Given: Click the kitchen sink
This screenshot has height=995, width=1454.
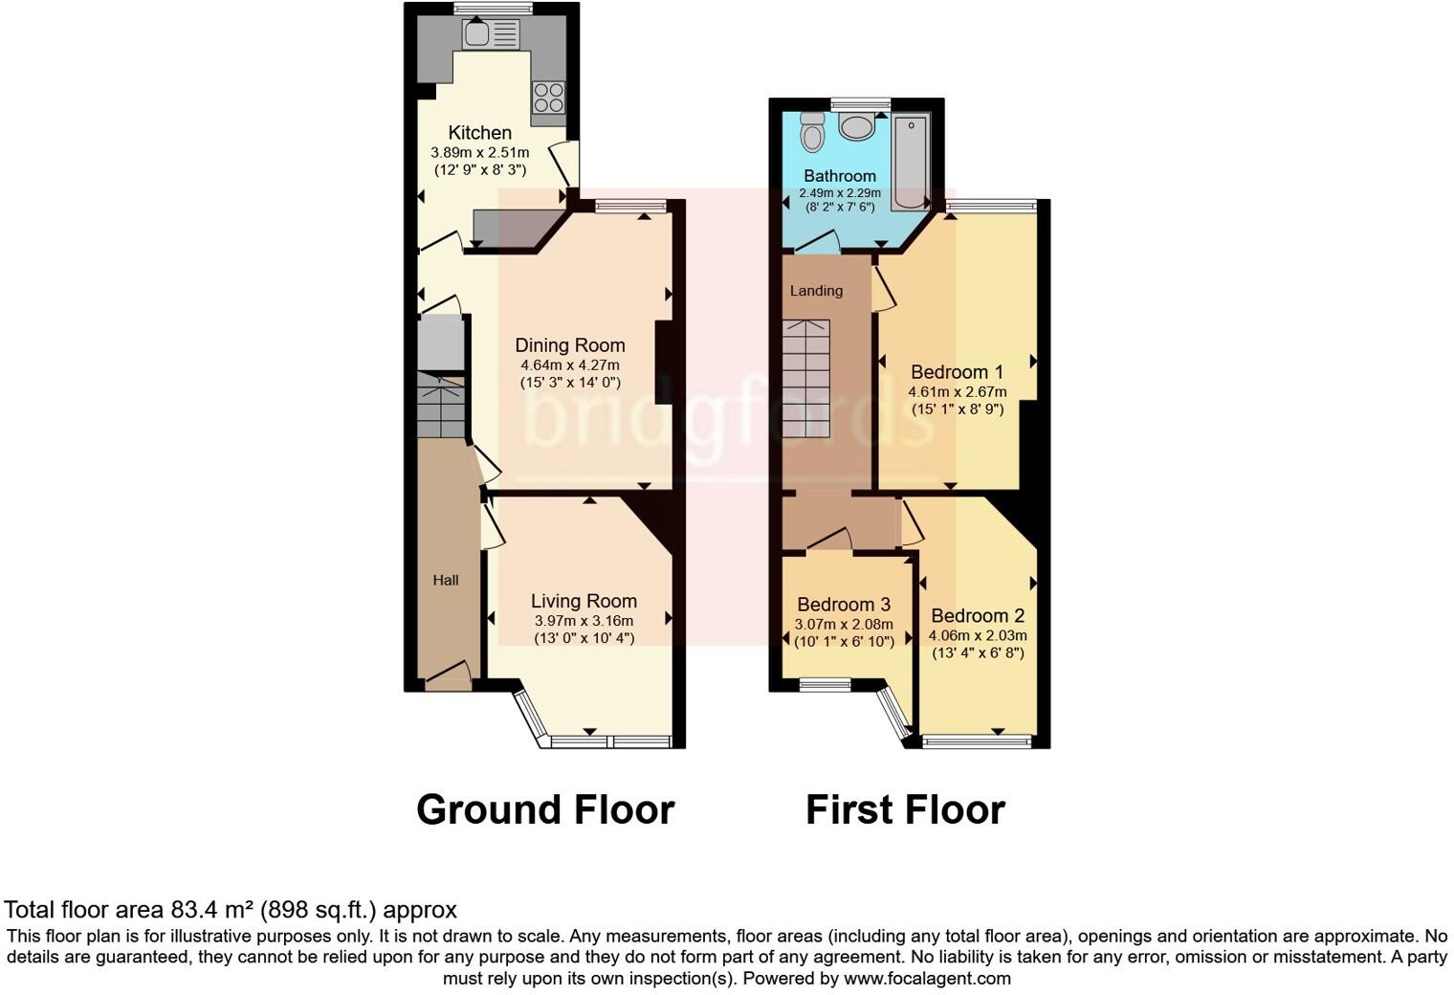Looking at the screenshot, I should coord(489,35).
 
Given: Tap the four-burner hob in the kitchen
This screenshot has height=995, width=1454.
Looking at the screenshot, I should coord(548,98).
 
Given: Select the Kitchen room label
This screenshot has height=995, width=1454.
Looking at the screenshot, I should coord(480,133).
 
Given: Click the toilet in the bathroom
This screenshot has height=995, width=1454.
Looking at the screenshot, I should coord(813,131).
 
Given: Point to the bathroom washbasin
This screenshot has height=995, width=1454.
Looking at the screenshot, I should coord(856,125).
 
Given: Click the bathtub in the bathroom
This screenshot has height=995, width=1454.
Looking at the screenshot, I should coord(911,161).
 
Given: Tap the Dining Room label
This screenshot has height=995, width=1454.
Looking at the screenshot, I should coord(570,345).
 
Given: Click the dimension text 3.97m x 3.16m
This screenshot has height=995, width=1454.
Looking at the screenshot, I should coord(584,621).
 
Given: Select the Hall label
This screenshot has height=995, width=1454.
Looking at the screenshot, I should coord(446,580).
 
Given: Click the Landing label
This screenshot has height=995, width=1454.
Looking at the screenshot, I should coord(816,291).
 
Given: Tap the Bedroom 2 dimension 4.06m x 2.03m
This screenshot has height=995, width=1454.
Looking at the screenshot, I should coord(978,635).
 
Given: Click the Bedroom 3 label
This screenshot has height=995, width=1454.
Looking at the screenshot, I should coord(844,605).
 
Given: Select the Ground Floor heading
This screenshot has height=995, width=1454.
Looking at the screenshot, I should coord(545,809).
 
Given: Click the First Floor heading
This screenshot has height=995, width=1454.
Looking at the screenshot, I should coord(905,809).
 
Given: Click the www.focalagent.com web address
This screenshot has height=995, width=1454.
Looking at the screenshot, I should coord(927,979).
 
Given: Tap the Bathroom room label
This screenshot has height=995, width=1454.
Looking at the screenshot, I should coord(840,176).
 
